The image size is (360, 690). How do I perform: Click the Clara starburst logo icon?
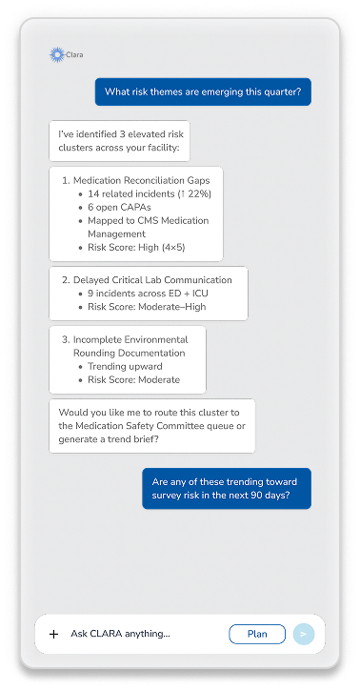57,54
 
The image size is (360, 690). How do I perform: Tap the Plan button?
257,634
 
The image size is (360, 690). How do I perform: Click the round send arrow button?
303,634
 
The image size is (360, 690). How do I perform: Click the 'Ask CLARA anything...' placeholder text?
120,634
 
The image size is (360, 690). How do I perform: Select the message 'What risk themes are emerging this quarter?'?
203,92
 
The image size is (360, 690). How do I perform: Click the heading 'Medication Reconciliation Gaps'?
142,180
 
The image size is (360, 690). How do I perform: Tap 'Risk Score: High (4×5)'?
136,247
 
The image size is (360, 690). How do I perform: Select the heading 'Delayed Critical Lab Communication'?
152,280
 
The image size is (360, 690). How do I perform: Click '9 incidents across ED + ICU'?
148,294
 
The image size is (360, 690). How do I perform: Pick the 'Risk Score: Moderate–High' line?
147,307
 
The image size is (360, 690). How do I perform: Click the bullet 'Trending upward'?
125,366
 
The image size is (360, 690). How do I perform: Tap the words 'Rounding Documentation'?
130,353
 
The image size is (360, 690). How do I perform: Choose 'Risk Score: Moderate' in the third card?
134,379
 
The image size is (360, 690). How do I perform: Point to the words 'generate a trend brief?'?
109,439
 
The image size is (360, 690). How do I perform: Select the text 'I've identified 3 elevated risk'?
121,134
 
